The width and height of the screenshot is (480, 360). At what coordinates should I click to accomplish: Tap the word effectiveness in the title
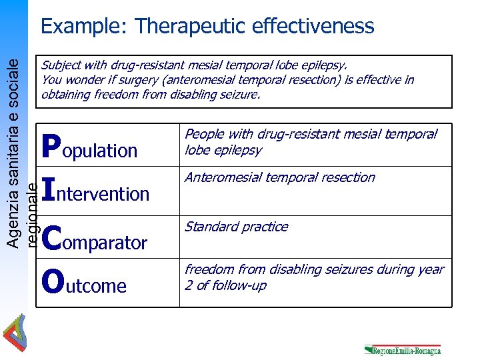[x=313, y=27]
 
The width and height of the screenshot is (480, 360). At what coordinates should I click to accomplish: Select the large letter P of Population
[x=51, y=147]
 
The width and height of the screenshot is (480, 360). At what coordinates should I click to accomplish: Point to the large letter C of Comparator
[x=51, y=238]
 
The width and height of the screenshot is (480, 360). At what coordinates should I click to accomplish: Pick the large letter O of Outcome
[x=52, y=282]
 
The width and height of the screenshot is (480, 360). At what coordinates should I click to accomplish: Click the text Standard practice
[x=236, y=227]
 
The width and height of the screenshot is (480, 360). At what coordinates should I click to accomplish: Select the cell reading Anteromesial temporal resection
[x=279, y=177]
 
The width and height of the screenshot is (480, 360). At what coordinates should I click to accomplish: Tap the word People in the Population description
[x=203, y=135]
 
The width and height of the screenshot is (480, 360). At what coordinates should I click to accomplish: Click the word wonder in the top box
[x=85, y=80]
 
